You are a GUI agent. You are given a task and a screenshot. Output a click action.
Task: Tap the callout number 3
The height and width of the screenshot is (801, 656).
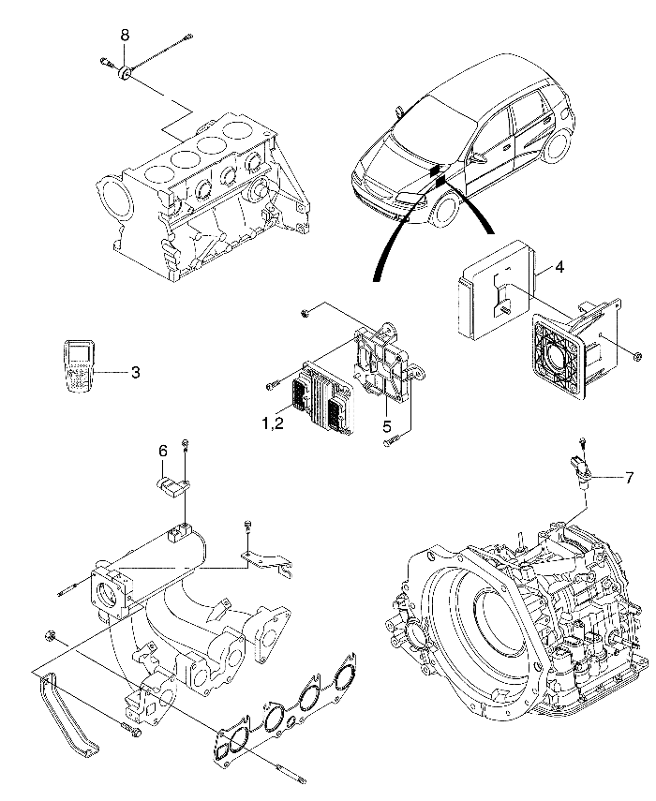[x=135, y=372]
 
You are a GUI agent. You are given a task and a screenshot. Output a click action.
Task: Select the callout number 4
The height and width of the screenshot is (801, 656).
[x=559, y=267]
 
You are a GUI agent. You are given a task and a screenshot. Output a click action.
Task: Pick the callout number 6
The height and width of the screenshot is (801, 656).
[x=163, y=451]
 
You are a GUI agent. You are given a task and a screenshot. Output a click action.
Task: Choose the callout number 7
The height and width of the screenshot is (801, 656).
[x=629, y=478]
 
